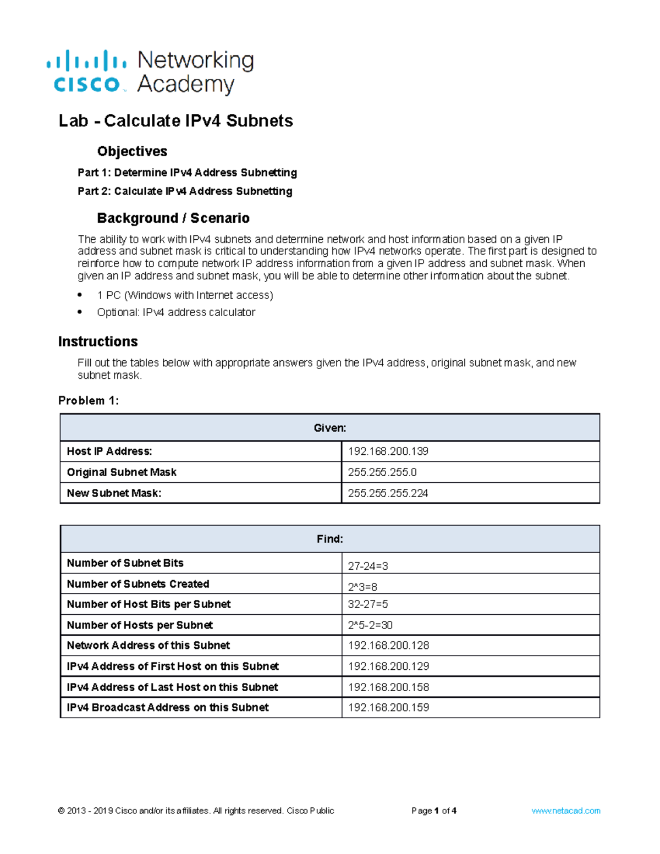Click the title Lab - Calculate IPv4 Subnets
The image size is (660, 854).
coord(175,120)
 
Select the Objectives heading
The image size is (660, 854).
coord(132,151)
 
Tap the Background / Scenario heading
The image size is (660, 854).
coord(173,218)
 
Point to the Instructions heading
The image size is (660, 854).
coord(98,341)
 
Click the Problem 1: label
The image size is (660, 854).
coord(88,400)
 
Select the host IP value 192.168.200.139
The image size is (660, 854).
coord(388,451)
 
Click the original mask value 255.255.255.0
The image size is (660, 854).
coord(382,472)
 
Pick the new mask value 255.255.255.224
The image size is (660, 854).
coord(388,493)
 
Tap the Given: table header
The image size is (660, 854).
coord(329,428)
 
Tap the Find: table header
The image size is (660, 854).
coord(329,539)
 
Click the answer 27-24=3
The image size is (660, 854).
coord(368,566)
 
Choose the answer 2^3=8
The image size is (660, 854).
coord(362,587)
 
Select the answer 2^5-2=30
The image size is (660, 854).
coord(370,625)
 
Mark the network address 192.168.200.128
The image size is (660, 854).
coord(388,646)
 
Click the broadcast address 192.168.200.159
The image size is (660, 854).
coord(388,708)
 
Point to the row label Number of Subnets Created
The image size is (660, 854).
coord(138,584)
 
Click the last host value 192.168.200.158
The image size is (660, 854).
coord(388,687)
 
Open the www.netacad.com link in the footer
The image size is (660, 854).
coord(565,811)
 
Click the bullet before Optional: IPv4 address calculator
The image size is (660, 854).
coord(80,312)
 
